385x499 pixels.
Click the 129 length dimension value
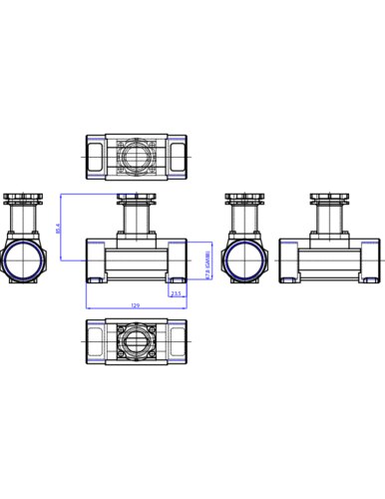click(x=135, y=305)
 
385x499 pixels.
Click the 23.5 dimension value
click(x=176, y=294)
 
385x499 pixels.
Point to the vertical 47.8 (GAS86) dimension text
click(x=206, y=261)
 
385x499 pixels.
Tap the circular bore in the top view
click(x=135, y=157)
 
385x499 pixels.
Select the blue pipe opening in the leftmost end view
click(x=22, y=261)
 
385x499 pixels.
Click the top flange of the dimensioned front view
click(x=135, y=199)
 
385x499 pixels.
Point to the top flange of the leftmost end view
click(x=22, y=199)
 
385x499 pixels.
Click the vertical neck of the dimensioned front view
click(x=135, y=221)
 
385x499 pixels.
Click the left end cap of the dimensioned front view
click(x=96, y=261)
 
